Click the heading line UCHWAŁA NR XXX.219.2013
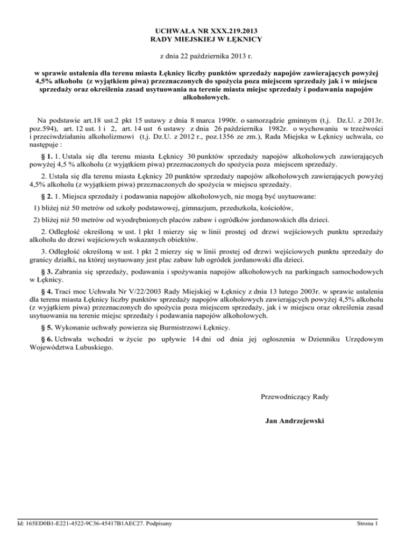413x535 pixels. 206,30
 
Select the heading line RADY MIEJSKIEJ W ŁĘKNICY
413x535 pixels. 206,39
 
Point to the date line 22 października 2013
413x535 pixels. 206,55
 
